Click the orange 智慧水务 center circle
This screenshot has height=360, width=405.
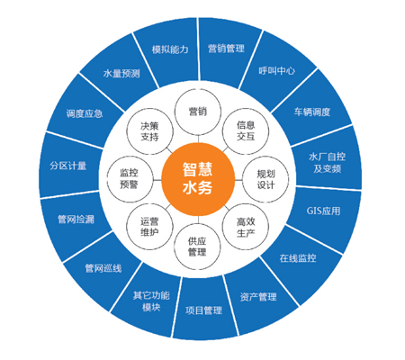[x=198, y=179]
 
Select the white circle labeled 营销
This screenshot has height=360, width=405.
[x=198, y=112]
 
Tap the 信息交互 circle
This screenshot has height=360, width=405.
[x=246, y=131]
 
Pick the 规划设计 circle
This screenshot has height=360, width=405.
[x=265, y=179]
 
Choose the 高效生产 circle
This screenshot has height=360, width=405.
[x=246, y=227]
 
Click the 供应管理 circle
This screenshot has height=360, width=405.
[x=197, y=247]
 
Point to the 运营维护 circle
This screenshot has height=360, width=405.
[x=149, y=227]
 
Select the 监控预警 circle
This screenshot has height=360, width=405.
[x=130, y=179]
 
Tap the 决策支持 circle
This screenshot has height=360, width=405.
[x=149, y=131]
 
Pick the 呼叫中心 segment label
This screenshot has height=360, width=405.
[x=277, y=71]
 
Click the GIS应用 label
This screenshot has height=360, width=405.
[x=323, y=211]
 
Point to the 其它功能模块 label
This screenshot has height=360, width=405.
[x=151, y=301]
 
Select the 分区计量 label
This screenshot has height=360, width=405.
[x=68, y=166]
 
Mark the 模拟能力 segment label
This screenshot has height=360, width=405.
[x=170, y=49]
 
